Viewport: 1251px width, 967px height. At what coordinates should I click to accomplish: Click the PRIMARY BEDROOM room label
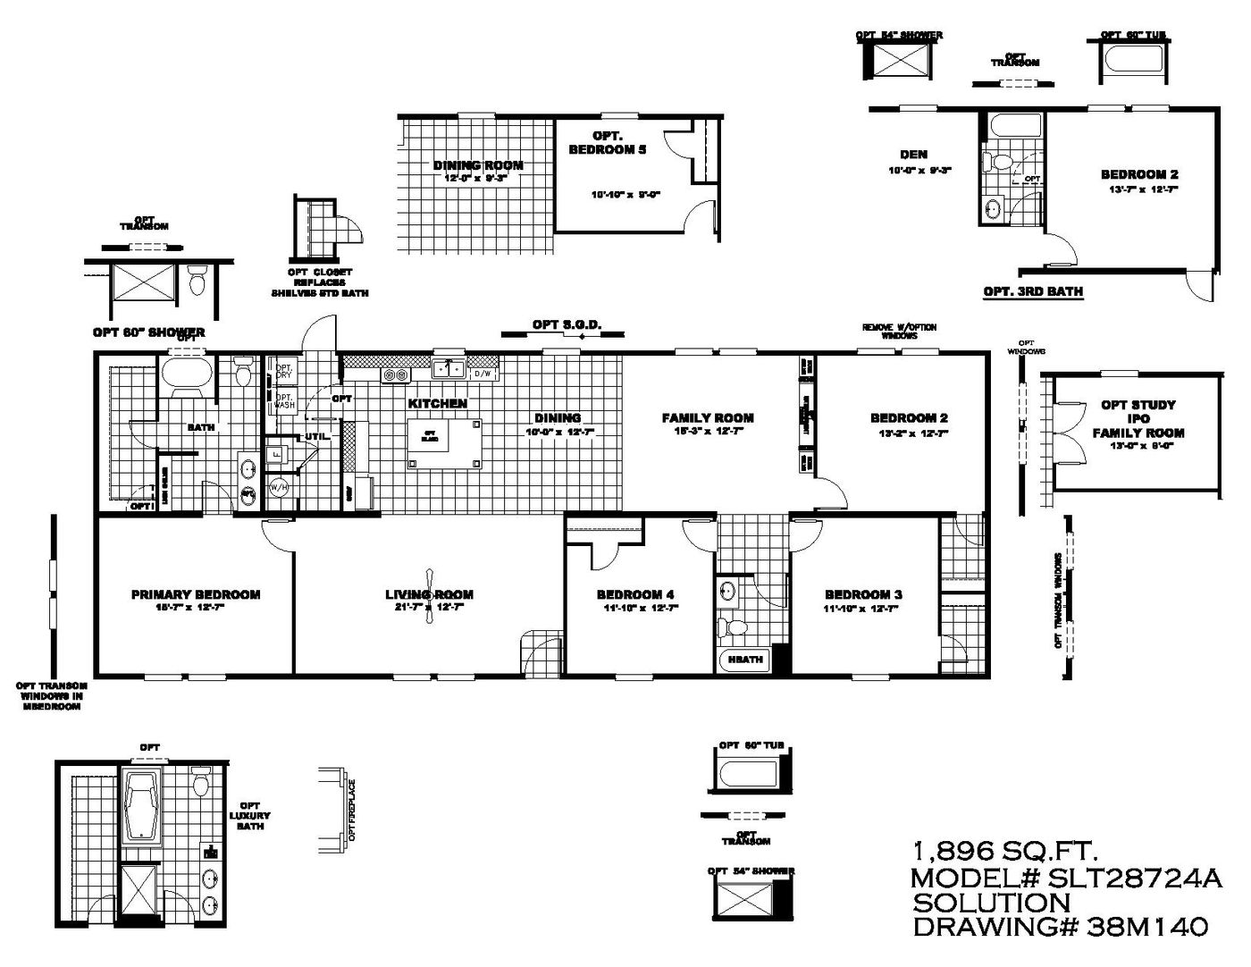coord(196,594)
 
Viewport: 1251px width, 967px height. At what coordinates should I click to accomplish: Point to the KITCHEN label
coord(438,404)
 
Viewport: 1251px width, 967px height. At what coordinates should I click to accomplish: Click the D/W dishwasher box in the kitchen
coord(483,374)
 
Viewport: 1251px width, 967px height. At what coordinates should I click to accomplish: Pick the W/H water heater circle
coord(279,488)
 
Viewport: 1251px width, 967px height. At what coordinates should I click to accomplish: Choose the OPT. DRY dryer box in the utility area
coord(284,371)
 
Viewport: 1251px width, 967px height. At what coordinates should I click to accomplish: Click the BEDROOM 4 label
coord(635,595)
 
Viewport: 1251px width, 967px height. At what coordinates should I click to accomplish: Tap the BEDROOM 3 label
coord(863,595)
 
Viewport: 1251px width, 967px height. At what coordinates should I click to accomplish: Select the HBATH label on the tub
coord(745,660)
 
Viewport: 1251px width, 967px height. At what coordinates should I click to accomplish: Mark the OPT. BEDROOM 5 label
coord(608,143)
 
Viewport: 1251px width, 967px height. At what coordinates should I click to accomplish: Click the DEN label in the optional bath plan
coord(913,155)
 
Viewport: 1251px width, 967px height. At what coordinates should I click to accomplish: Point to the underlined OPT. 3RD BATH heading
coord(1033,291)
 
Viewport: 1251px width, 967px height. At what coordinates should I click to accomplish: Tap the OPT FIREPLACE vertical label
coord(352,810)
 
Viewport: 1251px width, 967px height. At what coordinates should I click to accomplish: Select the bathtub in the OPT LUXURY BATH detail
coord(142,807)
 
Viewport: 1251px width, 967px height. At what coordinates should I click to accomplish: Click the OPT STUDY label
coord(1138,405)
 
